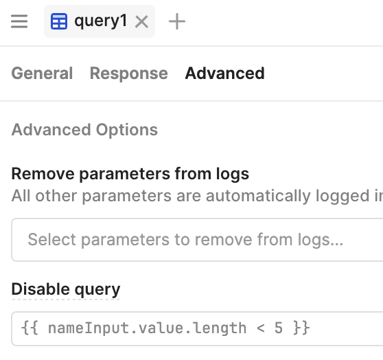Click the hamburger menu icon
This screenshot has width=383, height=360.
click(x=19, y=21)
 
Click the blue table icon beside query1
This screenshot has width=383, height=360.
click(x=59, y=21)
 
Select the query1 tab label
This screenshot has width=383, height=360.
click(x=101, y=21)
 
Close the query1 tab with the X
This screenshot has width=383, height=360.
click(x=141, y=22)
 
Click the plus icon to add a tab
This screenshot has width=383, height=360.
click(x=177, y=21)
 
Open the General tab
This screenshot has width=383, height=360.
click(x=42, y=74)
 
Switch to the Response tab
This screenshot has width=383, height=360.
click(x=129, y=74)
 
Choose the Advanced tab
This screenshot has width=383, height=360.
click(x=224, y=74)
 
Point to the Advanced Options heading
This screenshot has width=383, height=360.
click(x=84, y=130)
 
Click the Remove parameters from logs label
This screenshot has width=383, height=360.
click(x=130, y=174)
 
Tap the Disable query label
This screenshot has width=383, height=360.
click(x=66, y=289)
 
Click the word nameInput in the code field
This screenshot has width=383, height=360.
click(x=89, y=328)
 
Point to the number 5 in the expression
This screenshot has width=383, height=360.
click(x=279, y=328)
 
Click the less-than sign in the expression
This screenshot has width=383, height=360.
click(x=261, y=328)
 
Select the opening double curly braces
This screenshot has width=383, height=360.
click(x=30, y=328)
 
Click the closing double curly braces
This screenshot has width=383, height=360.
click(x=301, y=328)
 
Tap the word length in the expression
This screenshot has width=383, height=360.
click(x=220, y=328)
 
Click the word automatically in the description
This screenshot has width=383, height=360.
click(x=258, y=196)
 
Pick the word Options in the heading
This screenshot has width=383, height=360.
click(x=127, y=130)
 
